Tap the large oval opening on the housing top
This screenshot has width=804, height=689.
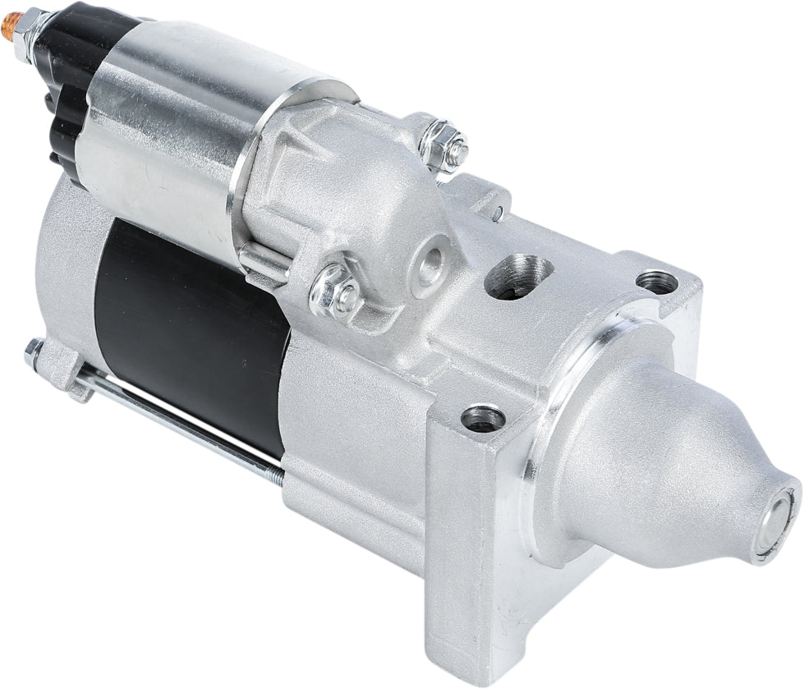pyautogui.click(x=519, y=277)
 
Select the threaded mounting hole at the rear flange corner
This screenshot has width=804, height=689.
pyautogui.click(x=657, y=282)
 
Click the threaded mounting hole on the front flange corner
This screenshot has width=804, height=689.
pyautogui.click(x=483, y=418)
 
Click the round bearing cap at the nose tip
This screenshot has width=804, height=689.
pyautogui.click(x=775, y=520)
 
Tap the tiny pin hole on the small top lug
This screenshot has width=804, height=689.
pyautogui.click(x=498, y=214)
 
